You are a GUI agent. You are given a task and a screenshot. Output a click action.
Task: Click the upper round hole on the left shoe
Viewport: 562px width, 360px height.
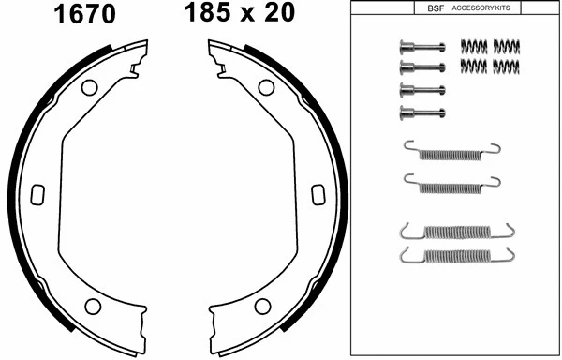pyautogui.click(x=90, y=88)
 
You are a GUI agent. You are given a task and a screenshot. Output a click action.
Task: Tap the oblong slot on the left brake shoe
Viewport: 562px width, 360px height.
pyautogui.click(x=38, y=194)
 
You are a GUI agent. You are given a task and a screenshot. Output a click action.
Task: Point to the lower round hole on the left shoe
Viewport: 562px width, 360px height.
pyautogui.click(x=93, y=306)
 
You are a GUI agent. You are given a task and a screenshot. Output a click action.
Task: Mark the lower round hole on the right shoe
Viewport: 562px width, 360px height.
pyautogui.click(x=262, y=306)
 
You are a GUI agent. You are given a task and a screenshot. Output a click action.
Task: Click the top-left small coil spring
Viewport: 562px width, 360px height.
pyautogui.click(x=474, y=46)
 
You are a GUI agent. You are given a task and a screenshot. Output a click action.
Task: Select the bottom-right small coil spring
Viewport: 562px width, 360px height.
pyautogui.click(x=506, y=65)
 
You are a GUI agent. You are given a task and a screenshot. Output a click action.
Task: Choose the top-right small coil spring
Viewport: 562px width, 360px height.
pyautogui.click(x=506, y=46)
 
